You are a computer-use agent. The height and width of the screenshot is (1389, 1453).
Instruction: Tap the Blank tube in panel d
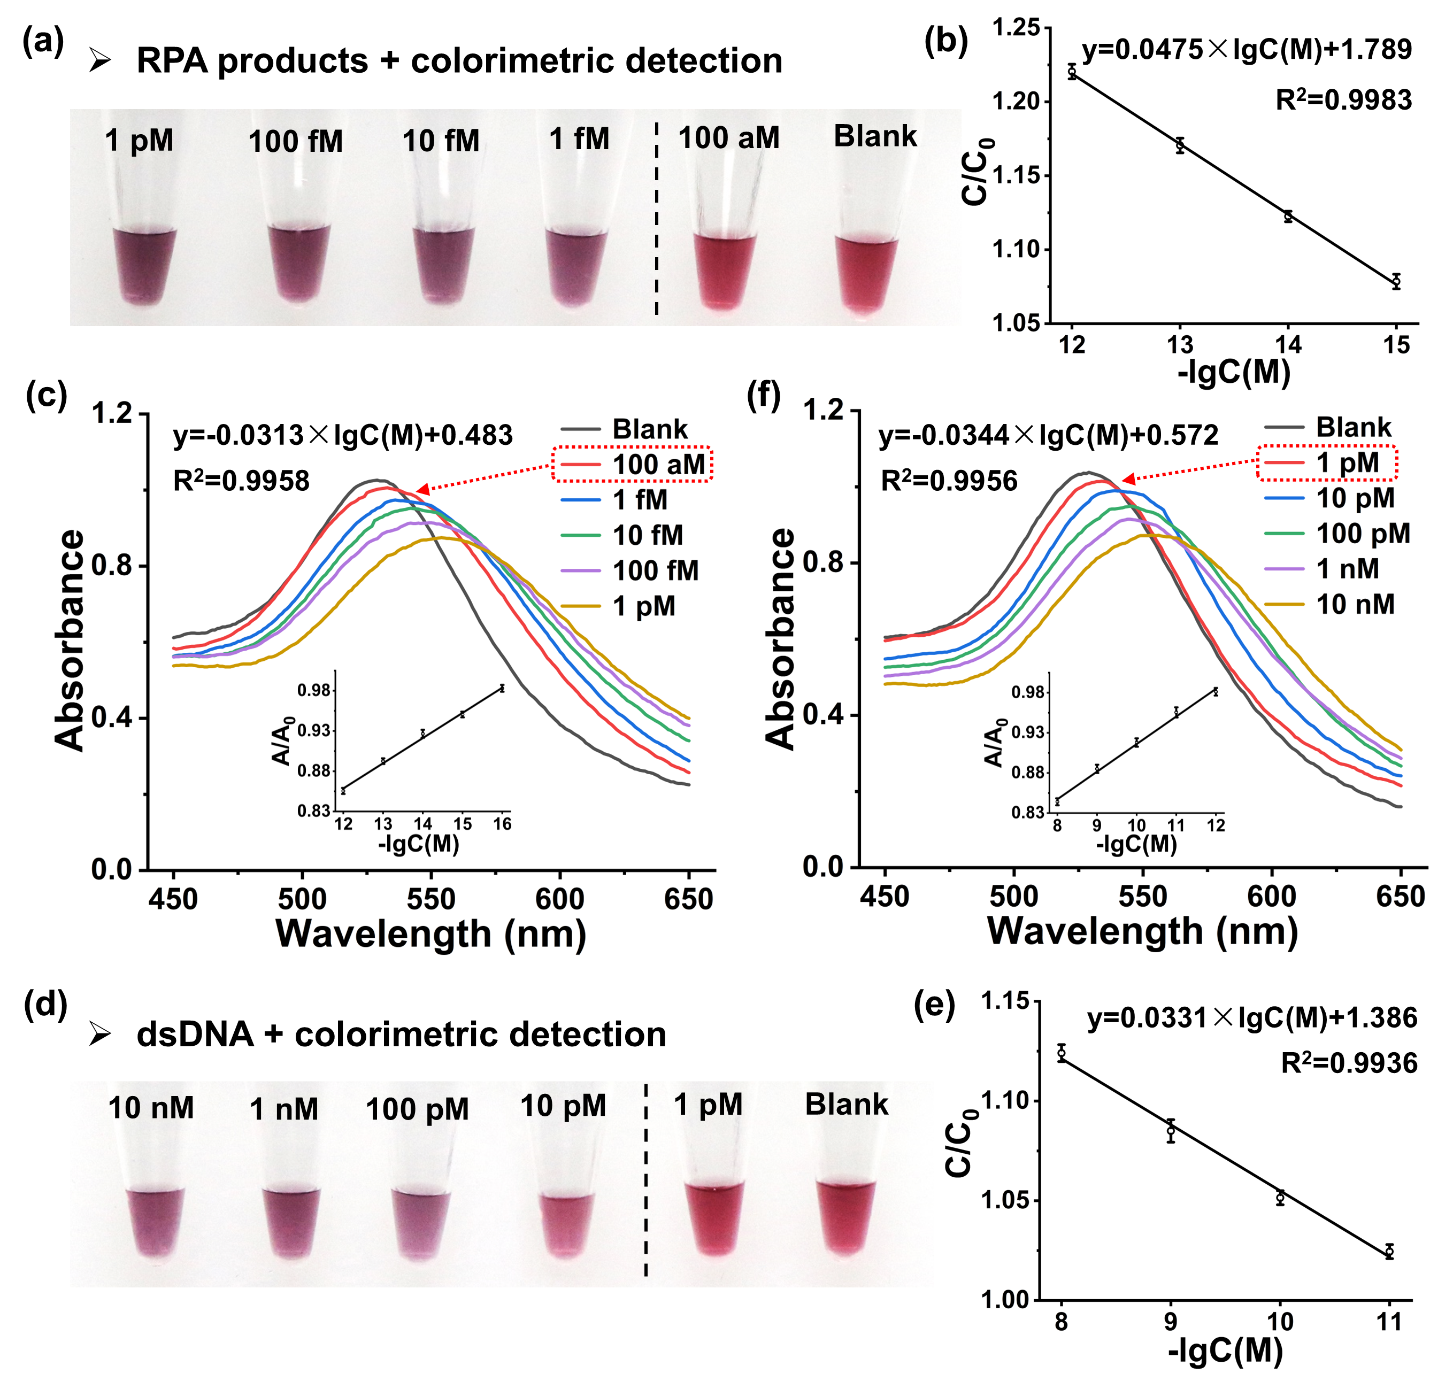pyautogui.click(x=845, y=1217)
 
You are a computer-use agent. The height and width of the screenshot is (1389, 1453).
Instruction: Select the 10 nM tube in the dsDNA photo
pyautogui.click(x=155, y=1222)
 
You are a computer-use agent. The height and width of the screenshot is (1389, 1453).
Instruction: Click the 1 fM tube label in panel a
pyautogui.click(x=579, y=138)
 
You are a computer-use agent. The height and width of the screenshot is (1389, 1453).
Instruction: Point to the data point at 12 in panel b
pyautogui.click(x=1072, y=72)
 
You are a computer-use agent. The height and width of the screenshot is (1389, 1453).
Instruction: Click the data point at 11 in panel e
pyautogui.click(x=1389, y=1251)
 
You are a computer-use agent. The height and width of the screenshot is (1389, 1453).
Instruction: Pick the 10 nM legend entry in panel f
pyautogui.click(x=1355, y=605)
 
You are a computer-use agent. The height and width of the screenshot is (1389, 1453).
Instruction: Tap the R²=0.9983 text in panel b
pyautogui.click(x=1343, y=100)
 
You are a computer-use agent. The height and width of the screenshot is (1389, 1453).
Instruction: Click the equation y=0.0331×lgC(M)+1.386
pyautogui.click(x=1251, y=1018)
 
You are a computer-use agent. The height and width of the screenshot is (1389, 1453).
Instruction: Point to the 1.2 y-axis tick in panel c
pyautogui.click(x=111, y=413)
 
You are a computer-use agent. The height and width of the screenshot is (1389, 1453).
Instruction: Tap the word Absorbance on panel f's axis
pyautogui.click(x=780, y=638)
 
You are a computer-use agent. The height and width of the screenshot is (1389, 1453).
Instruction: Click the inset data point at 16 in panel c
pyautogui.click(x=502, y=688)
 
